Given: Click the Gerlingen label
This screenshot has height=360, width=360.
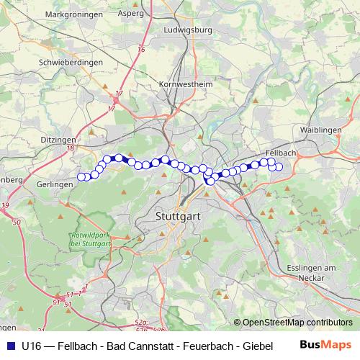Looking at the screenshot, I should tap(55, 184).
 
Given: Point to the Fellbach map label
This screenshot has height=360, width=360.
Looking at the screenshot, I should tap(281, 153).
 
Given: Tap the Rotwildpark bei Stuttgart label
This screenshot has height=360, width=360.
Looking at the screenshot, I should tap(89, 240).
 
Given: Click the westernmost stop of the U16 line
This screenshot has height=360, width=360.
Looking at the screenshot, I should tap(81, 177).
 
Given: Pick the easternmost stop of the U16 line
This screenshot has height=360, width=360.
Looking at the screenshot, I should tap(279, 168).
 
